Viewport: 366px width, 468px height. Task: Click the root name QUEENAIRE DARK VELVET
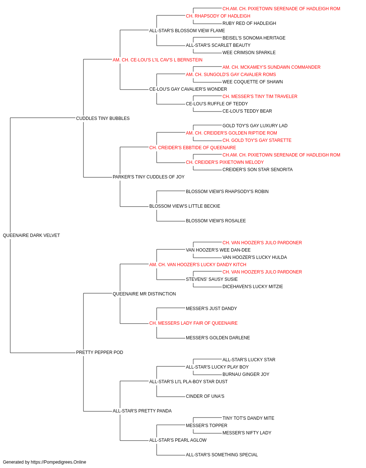[x=31, y=235]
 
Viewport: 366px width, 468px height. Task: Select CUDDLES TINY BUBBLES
[x=103, y=118]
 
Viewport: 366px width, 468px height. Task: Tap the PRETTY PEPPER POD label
[x=100, y=352]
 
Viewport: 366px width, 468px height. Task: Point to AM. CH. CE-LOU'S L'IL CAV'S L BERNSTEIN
[x=158, y=60]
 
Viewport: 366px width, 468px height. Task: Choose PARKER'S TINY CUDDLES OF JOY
[x=149, y=177]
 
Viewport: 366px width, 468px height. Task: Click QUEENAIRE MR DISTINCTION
[x=144, y=294]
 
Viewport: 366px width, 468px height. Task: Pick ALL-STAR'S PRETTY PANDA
[x=142, y=411]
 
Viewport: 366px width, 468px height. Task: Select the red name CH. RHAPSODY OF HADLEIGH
[x=218, y=16]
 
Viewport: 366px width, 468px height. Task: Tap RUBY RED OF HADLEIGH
[x=249, y=23]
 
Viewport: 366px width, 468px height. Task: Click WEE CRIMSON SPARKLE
[x=249, y=53]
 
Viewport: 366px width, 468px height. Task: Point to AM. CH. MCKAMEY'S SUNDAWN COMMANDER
[x=271, y=67]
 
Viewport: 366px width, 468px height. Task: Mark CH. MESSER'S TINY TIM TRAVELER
[x=260, y=97]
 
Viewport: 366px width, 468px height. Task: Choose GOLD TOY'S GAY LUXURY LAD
[x=255, y=125]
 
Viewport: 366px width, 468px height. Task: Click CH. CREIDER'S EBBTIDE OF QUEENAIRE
[x=193, y=147]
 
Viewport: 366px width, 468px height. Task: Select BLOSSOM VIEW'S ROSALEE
[x=216, y=221]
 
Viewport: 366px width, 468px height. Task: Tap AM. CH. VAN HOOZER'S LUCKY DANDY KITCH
[x=198, y=265]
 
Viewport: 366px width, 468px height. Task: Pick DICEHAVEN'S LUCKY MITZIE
[x=253, y=286]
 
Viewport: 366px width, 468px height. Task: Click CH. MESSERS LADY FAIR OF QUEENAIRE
[x=193, y=323]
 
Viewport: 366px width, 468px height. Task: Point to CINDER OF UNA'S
[x=205, y=396]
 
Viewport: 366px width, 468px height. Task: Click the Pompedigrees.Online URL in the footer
[x=58, y=462]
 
